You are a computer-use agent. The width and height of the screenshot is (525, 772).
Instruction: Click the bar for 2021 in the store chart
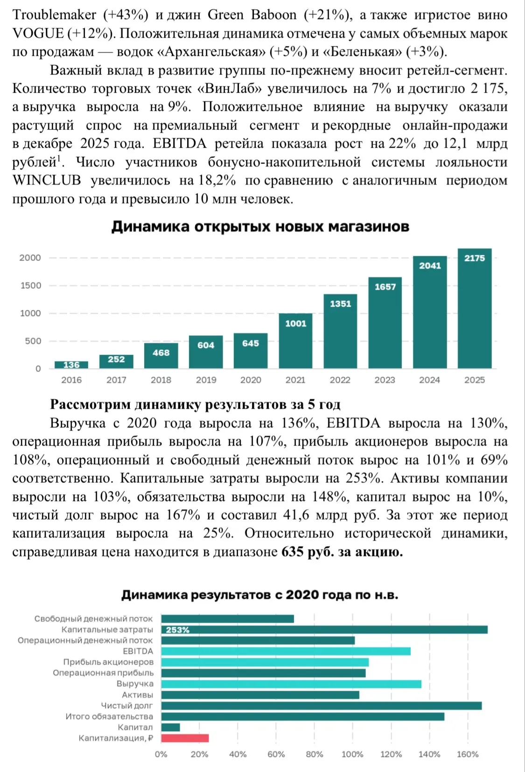[x=295, y=341]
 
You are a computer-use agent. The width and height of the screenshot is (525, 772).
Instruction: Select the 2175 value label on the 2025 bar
[x=475, y=258]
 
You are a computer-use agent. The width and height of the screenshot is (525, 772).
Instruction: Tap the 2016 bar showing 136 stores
[x=71, y=365]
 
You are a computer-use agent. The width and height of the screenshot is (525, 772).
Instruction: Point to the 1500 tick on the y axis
[x=30, y=286]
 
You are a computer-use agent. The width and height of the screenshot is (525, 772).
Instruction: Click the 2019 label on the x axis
[x=206, y=380]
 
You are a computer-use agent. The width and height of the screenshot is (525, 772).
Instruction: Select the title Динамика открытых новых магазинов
[x=260, y=227]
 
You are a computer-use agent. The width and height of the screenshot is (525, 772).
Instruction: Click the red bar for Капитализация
[x=185, y=738]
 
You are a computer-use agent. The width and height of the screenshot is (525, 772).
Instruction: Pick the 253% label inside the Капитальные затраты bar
[x=178, y=630]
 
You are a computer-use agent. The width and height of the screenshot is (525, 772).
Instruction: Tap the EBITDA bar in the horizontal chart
[x=286, y=651]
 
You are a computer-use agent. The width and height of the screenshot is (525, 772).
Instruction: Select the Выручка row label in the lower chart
[x=135, y=684]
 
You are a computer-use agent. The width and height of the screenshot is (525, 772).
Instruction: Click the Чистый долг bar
[x=322, y=706]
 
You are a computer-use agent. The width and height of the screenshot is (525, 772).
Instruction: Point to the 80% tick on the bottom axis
[x=314, y=754]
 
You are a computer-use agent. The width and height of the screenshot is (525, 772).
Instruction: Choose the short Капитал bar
[x=170, y=727]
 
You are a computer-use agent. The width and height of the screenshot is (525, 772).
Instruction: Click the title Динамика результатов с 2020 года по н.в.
[x=260, y=595]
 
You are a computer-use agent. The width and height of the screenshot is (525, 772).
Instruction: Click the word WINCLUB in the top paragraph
[x=47, y=180]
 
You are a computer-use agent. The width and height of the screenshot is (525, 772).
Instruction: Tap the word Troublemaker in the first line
[x=54, y=15]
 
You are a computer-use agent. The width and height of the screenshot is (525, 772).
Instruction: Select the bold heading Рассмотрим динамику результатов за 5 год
[x=195, y=404]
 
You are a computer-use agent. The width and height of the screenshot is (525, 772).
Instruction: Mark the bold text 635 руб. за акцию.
[x=342, y=552]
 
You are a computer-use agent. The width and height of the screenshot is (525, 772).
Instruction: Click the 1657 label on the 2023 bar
[x=385, y=287]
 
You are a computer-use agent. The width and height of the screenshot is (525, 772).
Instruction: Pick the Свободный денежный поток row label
[x=93, y=619]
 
